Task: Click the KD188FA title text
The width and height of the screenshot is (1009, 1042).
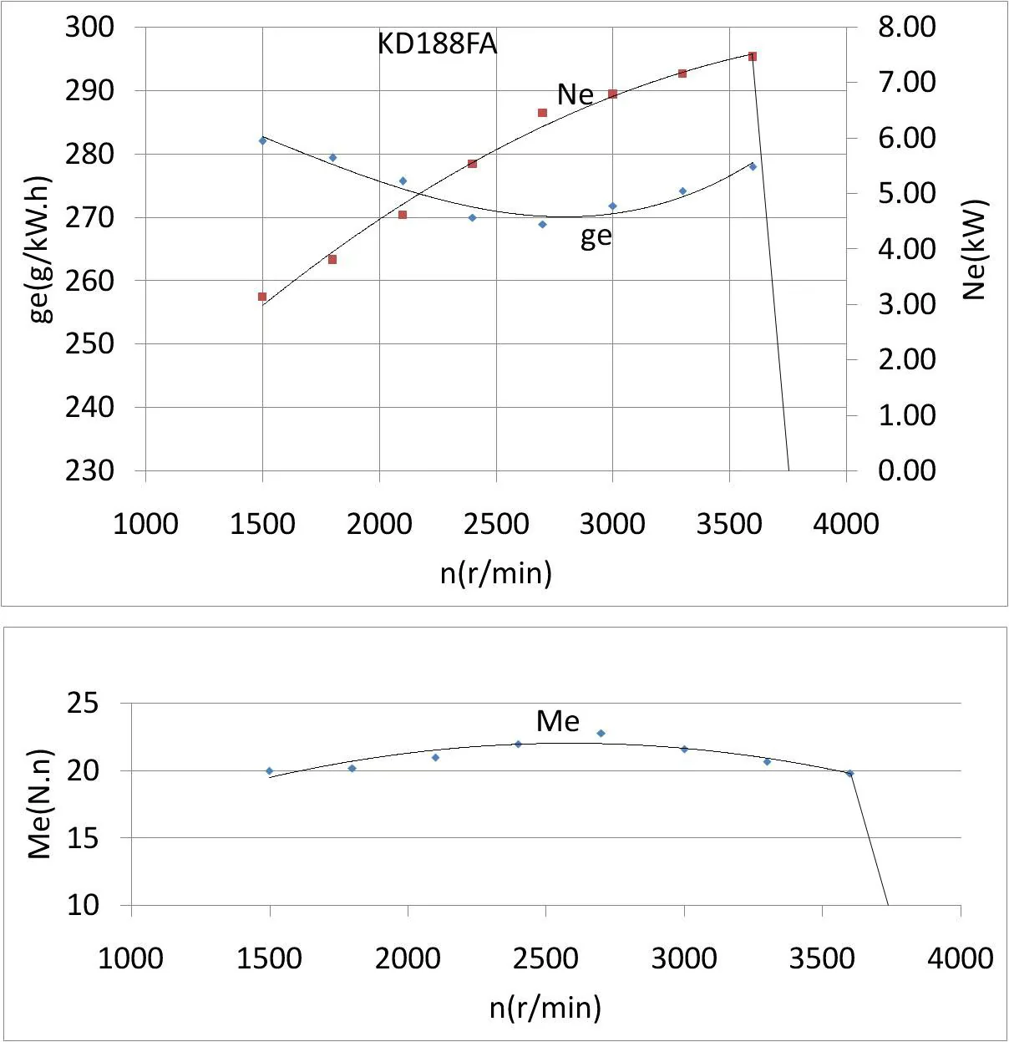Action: [x=437, y=43]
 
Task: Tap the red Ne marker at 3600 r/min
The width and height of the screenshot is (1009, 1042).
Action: [x=753, y=57]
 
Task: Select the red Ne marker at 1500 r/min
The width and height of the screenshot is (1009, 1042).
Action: [x=262, y=297]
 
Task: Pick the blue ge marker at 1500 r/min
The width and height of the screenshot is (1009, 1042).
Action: [x=262, y=140]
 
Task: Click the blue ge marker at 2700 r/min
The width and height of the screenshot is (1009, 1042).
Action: [x=542, y=224]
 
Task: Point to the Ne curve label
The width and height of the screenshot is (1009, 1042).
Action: [x=575, y=94]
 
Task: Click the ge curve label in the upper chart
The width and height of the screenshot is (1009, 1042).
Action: [x=596, y=236]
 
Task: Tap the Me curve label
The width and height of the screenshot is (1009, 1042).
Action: [x=558, y=720]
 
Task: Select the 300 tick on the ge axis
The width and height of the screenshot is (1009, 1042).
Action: [x=89, y=27]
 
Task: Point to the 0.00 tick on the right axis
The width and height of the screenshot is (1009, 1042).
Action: [x=906, y=470]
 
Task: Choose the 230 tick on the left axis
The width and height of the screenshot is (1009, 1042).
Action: [x=89, y=470]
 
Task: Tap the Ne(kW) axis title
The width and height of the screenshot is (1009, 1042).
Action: [x=975, y=249]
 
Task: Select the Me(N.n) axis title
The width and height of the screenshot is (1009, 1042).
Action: [x=39, y=804]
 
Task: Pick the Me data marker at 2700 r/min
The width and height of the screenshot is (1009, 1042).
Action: [x=601, y=734]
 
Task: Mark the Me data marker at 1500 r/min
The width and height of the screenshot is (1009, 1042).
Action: [x=269, y=771]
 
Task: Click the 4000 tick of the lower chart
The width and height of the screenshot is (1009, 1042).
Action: [x=960, y=958]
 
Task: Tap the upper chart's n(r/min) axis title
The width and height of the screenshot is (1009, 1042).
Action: [x=496, y=573]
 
